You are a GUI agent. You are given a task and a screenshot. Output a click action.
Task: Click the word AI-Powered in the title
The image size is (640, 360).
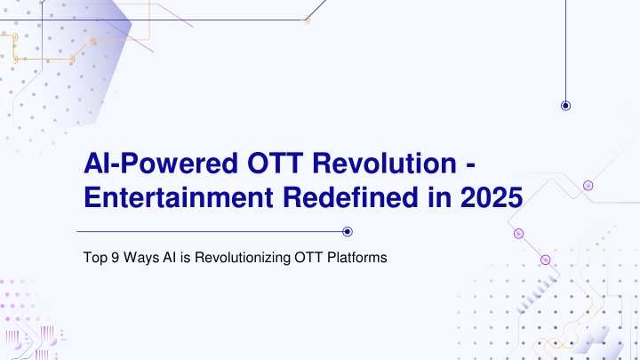(161, 164)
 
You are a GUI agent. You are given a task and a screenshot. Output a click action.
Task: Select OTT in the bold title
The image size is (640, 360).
(275, 164)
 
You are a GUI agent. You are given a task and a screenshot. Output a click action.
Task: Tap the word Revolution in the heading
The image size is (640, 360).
(384, 164)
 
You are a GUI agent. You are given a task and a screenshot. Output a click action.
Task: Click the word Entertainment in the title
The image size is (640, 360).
(179, 197)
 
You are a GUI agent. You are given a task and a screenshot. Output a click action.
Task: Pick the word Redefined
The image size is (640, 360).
(350, 197)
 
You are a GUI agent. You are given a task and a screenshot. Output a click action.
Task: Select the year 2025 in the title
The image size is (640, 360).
(492, 197)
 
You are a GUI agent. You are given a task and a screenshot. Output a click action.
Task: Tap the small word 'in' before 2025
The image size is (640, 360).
(440, 197)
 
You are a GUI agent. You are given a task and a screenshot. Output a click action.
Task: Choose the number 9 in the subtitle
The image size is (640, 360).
(115, 258)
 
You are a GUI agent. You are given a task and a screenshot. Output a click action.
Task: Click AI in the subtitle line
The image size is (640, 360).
(170, 258)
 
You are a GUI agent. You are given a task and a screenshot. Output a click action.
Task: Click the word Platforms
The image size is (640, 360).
(357, 258)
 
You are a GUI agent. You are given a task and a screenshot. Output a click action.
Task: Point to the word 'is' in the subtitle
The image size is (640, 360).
(185, 258)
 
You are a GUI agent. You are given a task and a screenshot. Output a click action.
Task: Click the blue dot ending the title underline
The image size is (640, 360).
(348, 232)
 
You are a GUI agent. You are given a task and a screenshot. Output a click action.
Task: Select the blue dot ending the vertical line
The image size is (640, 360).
(565, 106)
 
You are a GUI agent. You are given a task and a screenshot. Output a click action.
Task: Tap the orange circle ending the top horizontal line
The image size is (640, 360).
(306, 20)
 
